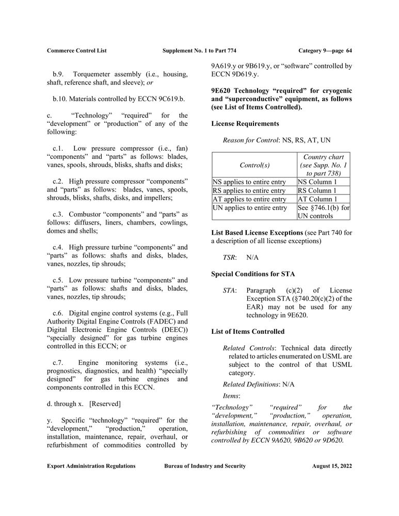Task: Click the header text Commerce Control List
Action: click(76, 51)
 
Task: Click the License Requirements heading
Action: click(245, 124)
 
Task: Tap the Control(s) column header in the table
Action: click(254, 165)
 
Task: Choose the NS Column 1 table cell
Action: click(317, 182)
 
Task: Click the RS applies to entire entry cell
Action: click(249, 190)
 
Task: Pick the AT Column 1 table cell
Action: click(317, 199)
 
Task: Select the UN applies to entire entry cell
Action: click(250, 208)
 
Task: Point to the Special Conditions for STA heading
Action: click(253, 273)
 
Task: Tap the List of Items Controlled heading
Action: click(248, 331)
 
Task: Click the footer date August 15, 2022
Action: click(332, 466)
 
